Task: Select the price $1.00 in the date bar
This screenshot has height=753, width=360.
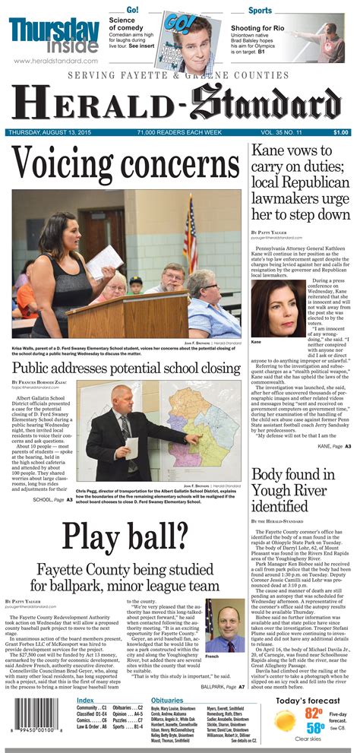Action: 341,132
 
